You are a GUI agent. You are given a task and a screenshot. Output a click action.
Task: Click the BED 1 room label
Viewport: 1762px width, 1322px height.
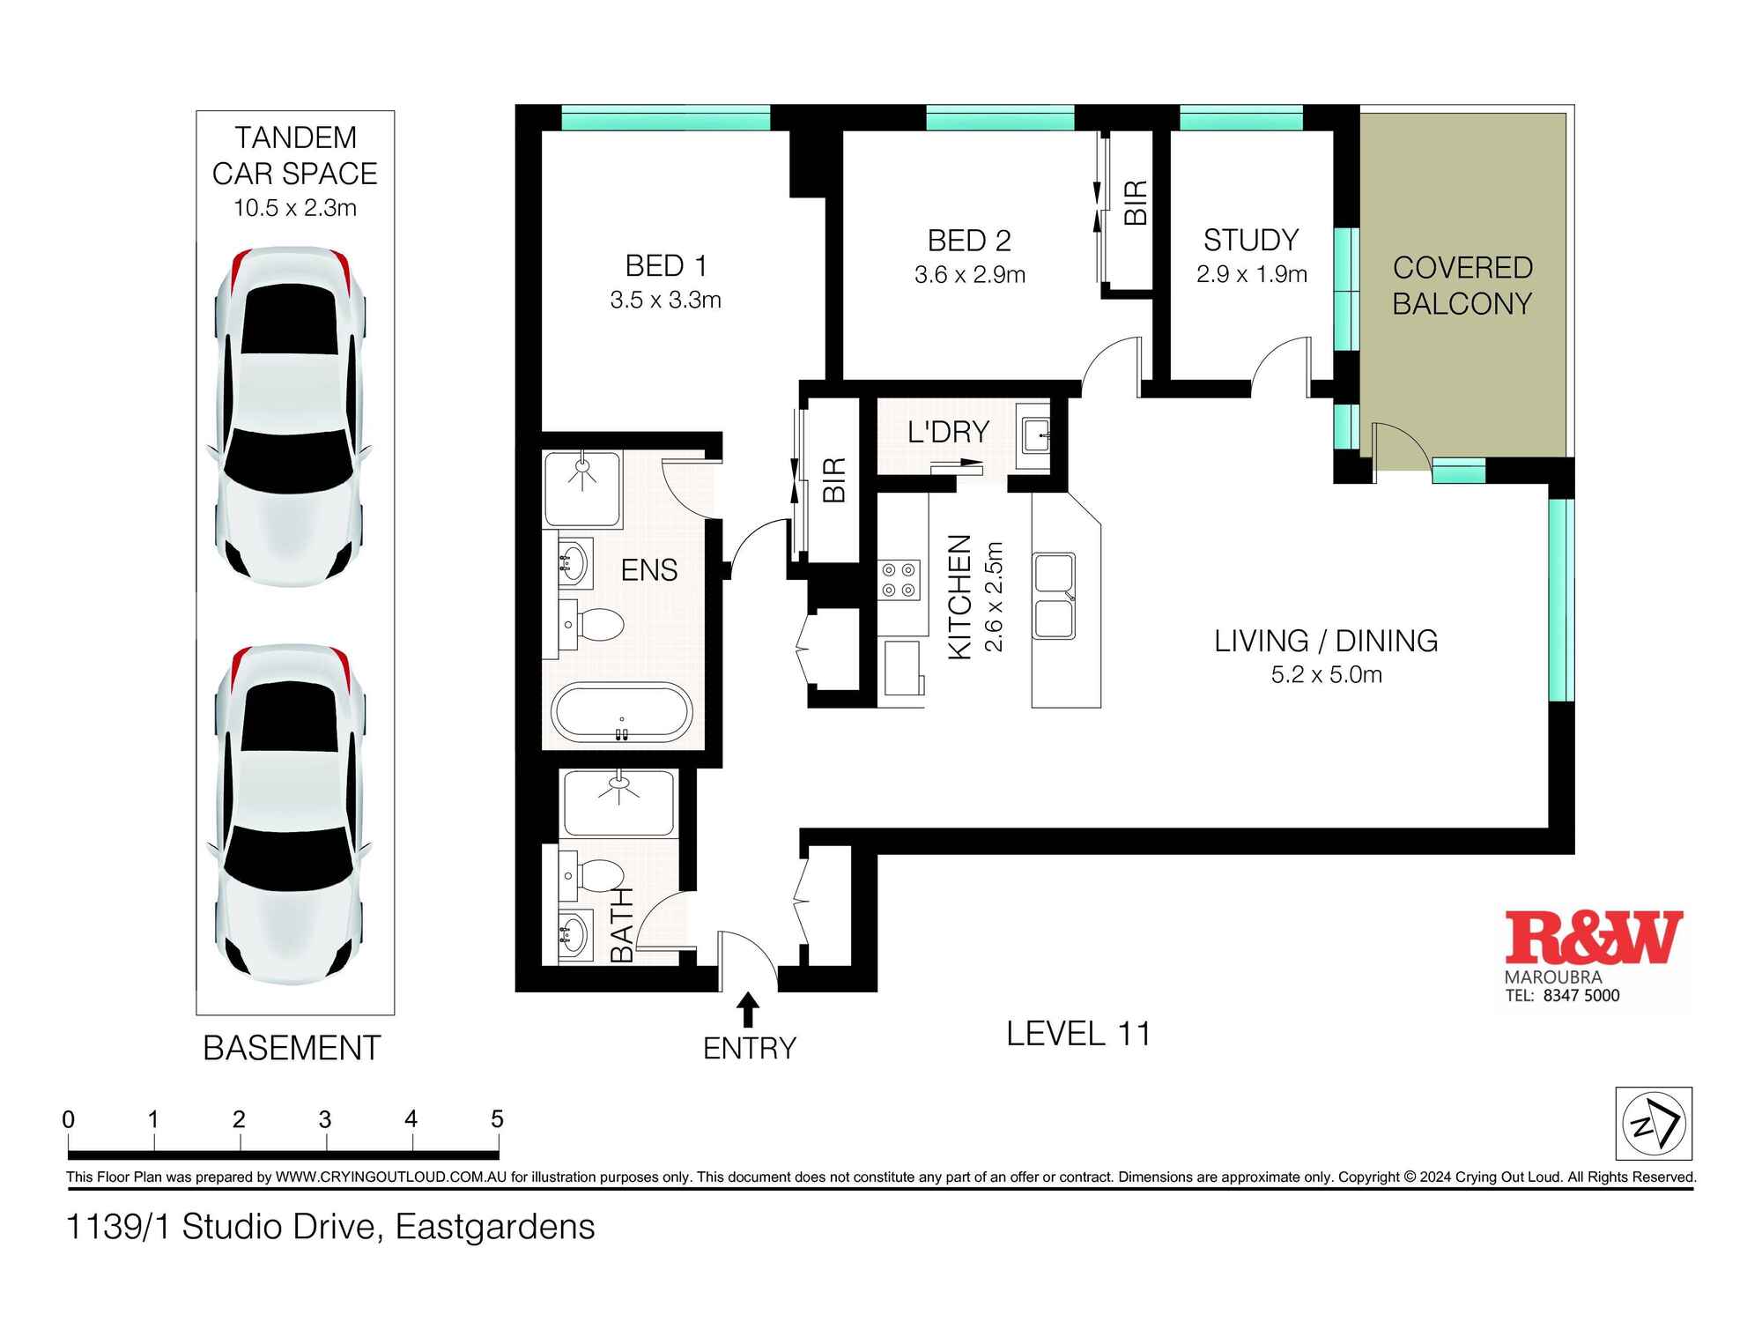pos(665,265)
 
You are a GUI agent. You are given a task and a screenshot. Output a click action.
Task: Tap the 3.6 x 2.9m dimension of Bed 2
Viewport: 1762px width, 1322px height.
pos(969,275)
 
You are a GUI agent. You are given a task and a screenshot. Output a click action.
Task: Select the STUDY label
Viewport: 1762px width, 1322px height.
pos(1250,240)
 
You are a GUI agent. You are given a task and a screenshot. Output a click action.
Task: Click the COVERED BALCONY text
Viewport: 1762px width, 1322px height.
pos(1462,286)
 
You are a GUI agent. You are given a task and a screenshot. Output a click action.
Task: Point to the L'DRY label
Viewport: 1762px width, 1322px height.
pos(948,432)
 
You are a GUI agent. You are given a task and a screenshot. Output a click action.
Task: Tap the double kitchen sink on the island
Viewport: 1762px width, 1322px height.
pos(1054,596)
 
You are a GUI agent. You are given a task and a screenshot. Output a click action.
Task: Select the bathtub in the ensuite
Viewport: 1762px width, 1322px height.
pos(622,713)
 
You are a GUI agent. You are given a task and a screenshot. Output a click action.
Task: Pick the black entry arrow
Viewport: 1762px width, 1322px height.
pos(748,1008)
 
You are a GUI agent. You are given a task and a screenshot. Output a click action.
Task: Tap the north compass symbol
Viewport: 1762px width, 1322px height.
pos(1653,1123)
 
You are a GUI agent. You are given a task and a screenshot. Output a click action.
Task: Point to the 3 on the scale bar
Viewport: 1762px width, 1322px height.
pos(325,1119)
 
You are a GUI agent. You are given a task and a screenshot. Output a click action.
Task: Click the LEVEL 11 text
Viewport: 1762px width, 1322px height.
pos(1078,1034)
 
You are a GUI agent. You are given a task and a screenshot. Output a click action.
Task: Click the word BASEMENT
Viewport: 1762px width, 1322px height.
pos(292,1048)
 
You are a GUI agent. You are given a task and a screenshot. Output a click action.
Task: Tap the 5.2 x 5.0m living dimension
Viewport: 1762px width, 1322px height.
pos(1326,675)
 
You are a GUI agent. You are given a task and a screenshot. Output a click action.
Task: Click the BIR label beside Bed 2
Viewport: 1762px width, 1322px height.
pos(1136,203)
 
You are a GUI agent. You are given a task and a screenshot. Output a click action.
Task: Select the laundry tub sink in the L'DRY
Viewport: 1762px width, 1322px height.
pos(1034,434)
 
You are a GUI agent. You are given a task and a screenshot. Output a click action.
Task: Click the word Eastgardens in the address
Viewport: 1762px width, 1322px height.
pos(494,1227)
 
